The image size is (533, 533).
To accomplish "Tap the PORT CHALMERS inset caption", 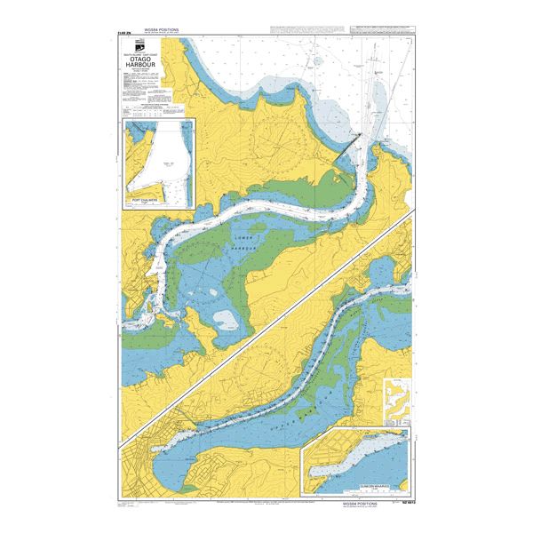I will [161, 201].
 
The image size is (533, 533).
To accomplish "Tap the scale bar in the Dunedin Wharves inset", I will [338, 478].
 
